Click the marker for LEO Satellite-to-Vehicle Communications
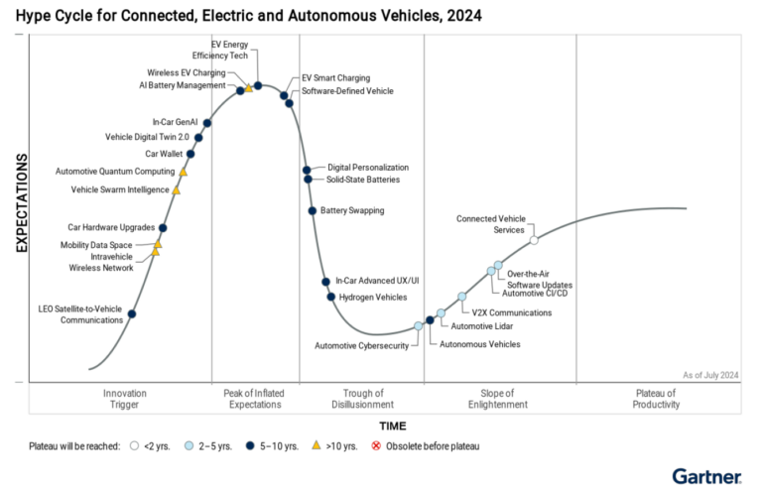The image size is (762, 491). click(x=133, y=314)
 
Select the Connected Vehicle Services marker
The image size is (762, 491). click(x=534, y=240)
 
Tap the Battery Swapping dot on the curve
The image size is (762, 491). click(x=313, y=210)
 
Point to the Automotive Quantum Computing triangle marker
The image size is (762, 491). click(x=183, y=172)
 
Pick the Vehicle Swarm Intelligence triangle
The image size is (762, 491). click(x=177, y=189)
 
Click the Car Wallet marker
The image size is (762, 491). click(x=190, y=154)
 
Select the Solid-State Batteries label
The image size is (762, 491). click(x=363, y=180)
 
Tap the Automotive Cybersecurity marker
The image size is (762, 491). click(x=419, y=325)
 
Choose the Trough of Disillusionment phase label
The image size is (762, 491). click(x=370, y=399)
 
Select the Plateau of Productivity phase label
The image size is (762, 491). click(x=656, y=399)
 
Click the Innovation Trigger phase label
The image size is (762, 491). click(x=125, y=399)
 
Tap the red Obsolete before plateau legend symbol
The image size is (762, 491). click(x=374, y=446)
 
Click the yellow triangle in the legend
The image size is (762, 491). click(x=316, y=446)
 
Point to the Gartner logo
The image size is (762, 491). click(x=705, y=476)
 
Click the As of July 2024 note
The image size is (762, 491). click(x=710, y=374)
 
